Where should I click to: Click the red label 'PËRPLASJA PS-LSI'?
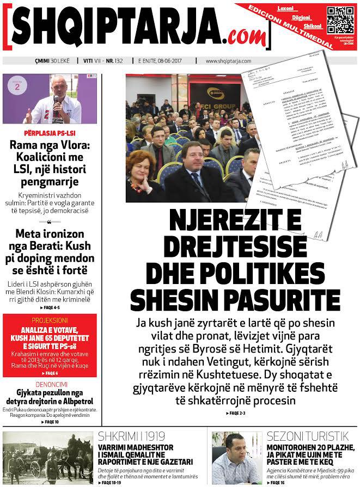coord(51,133)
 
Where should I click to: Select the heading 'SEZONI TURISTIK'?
coord(307,436)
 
